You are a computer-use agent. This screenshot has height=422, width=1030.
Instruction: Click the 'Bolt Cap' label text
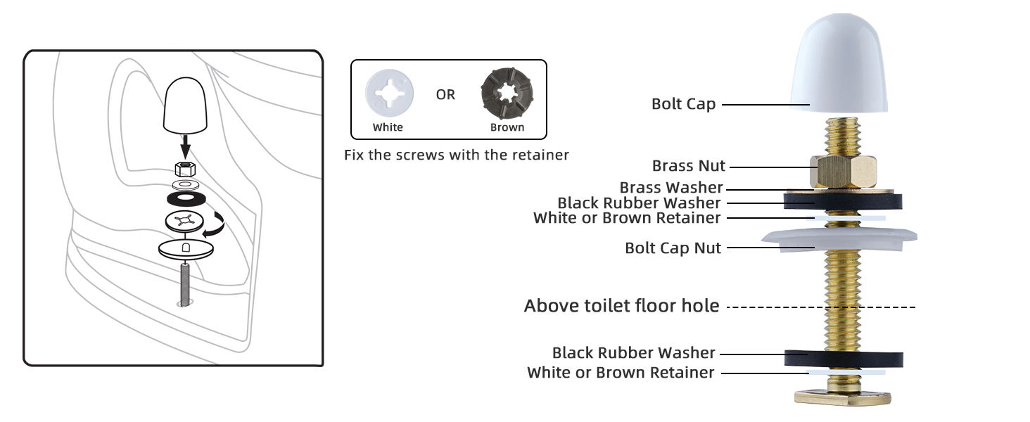(683, 104)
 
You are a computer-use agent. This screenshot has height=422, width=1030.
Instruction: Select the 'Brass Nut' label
(688, 167)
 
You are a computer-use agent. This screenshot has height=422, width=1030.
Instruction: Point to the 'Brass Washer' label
(671, 188)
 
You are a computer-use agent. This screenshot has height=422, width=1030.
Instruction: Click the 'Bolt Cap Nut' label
(673, 248)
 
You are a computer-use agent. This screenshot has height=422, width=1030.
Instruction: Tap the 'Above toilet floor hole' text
(621, 306)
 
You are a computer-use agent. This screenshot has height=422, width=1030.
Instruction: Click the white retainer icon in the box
(388, 96)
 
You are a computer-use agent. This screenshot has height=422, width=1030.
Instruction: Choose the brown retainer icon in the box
(507, 96)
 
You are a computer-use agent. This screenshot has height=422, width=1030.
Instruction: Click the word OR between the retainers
(445, 95)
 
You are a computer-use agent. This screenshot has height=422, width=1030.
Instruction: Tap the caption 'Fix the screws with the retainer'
(456, 155)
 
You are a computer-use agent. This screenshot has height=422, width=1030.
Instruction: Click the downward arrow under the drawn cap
(185, 147)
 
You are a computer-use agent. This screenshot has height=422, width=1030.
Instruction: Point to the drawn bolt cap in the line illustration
(185, 107)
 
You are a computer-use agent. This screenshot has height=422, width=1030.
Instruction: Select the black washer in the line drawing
(186, 196)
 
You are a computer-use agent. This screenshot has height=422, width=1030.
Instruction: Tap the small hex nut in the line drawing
(185, 168)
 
